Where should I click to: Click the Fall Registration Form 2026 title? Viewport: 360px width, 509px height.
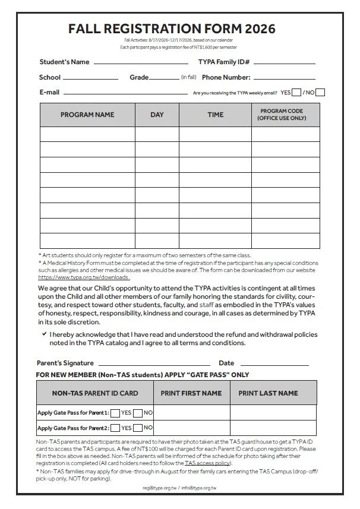coord(172,29)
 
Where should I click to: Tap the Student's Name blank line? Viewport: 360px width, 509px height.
coord(141,62)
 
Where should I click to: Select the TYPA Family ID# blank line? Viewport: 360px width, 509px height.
coord(285,62)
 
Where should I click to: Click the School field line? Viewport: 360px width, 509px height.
coord(90,78)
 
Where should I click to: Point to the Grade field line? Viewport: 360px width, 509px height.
coord(163,78)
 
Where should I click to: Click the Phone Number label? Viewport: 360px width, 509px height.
coord(226,77)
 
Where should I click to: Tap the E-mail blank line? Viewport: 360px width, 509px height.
coord(125,93)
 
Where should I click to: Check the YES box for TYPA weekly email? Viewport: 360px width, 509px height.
coord(297,92)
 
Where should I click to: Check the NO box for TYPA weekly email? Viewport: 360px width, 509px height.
coord(320,92)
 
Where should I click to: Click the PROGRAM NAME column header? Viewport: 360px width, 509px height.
coord(87,115)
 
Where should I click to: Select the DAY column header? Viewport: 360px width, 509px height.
coord(157,115)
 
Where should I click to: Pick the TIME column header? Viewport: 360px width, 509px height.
coord(216,115)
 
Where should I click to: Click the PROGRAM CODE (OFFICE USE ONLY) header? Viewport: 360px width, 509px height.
coord(282,115)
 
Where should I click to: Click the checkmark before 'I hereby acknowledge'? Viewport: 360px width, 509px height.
coord(45,334)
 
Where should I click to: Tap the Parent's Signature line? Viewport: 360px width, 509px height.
coord(154,363)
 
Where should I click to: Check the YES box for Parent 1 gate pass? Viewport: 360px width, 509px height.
coord(115,413)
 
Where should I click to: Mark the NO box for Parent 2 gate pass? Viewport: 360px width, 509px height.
coord(138,428)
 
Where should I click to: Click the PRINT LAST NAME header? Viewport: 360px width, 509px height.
coord(269,393)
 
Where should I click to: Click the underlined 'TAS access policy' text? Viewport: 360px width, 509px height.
coord(207,462)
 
